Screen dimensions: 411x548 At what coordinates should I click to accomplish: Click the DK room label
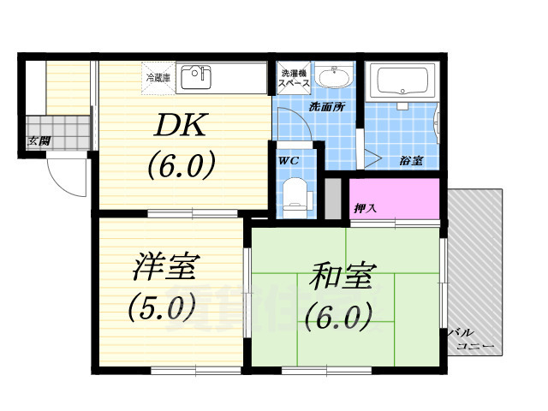pyautogui.click(x=181, y=127)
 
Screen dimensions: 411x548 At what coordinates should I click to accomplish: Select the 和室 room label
pyautogui.click(x=337, y=278)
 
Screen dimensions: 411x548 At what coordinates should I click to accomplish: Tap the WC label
pyautogui.click(x=288, y=159)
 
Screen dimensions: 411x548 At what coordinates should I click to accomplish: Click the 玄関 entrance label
pyautogui.click(x=37, y=140)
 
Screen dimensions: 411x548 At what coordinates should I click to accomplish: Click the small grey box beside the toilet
pyautogui.click(x=332, y=198)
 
